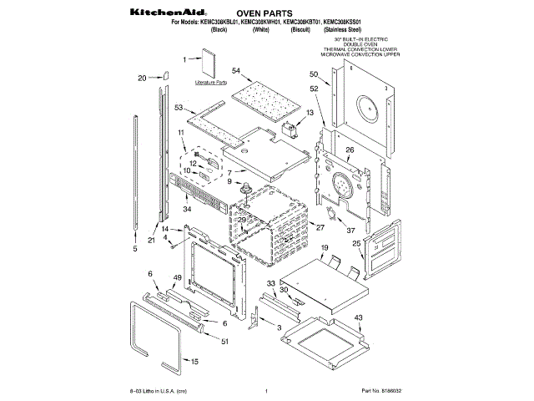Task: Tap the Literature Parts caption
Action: [x=210, y=84]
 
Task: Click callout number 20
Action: [x=142, y=78]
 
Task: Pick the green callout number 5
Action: [x=134, y=248]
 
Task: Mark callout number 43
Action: [x=358, y=318]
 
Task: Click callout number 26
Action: [x=350, y=150]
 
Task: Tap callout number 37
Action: [x=351, y=230]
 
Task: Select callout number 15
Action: [x=195, y=361]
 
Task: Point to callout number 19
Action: [x=325, y=248]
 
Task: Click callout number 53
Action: [x=179, y=108]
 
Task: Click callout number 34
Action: [x=188, y=208]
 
